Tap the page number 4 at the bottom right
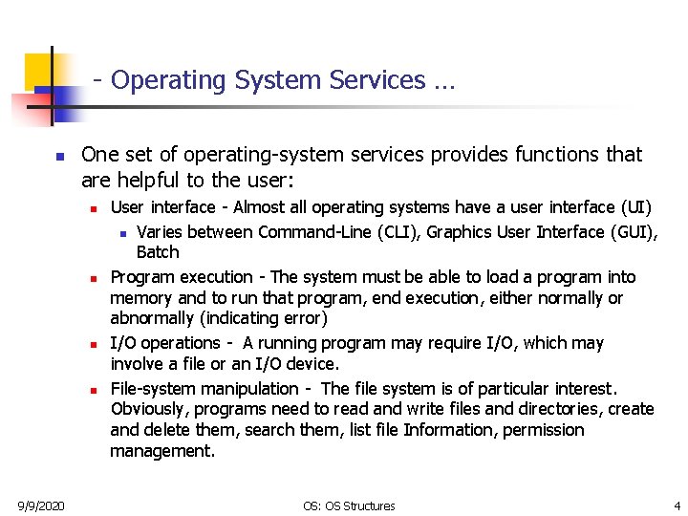tap(677, 505)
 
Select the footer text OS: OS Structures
tap(349, 505)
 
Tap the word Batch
tap(158, 253)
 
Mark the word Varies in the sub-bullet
tap(159, 232)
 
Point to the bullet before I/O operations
tap(94, 344)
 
